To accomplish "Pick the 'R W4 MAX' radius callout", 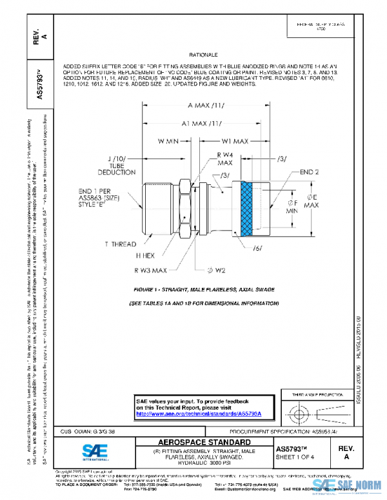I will pyautogui.click(x=224, y=159).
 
